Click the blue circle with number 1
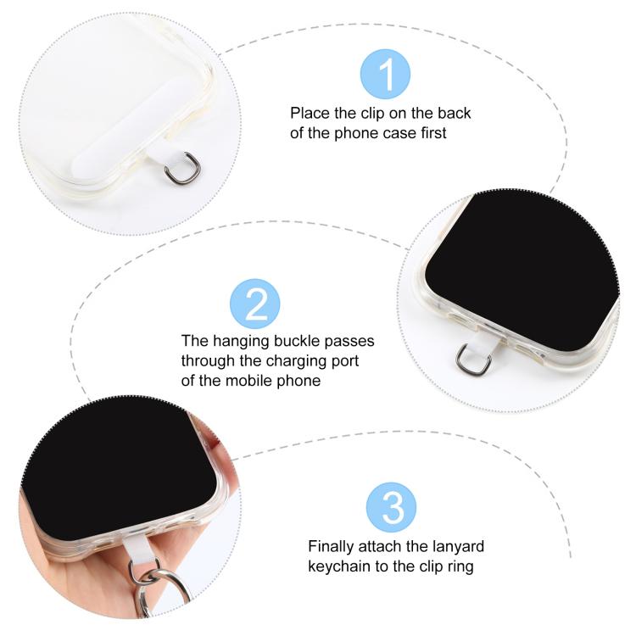pos(385,74)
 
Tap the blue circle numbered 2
pos(254,304)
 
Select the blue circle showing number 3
pos(391,507)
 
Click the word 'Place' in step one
pos(310,113)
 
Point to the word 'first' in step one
pos(433,133)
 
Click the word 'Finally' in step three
pos(331,546)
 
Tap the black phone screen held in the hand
pos(119,466)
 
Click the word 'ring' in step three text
pos(460,566)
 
